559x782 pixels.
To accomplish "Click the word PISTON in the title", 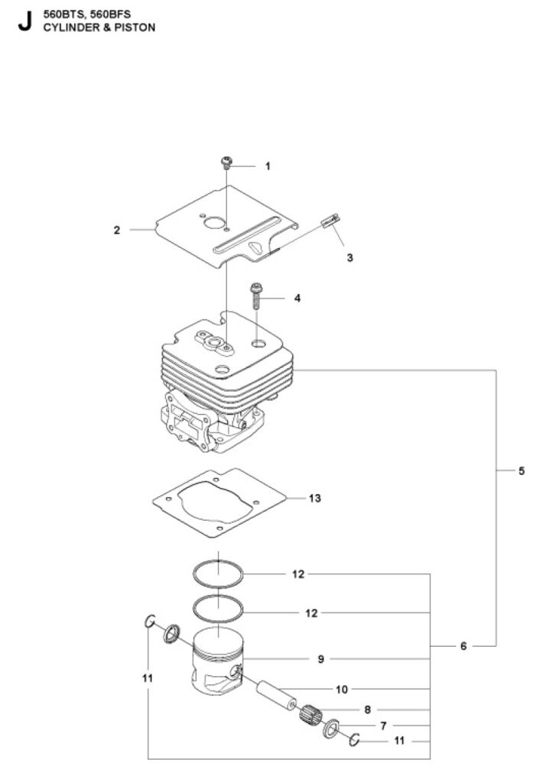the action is point(135,28).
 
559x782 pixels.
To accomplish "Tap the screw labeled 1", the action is point(227,163).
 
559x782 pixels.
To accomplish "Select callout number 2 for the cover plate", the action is point(117,231).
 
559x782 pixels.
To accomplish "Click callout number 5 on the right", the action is point(522,470).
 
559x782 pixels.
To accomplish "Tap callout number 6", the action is point(463,646).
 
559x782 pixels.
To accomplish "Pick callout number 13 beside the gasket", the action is point(315,498).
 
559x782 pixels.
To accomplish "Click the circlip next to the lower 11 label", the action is point(355,741).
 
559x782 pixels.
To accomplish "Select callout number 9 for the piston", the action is point(320,659).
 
